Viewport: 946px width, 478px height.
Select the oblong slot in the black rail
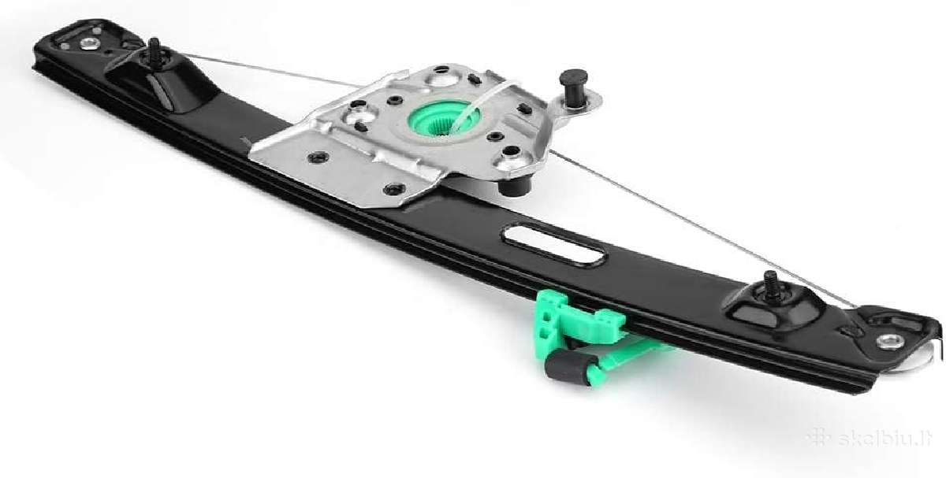553,245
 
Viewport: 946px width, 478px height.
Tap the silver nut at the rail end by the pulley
890,341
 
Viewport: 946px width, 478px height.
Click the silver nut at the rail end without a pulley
89,43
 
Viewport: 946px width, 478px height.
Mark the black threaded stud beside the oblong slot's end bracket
771,286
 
